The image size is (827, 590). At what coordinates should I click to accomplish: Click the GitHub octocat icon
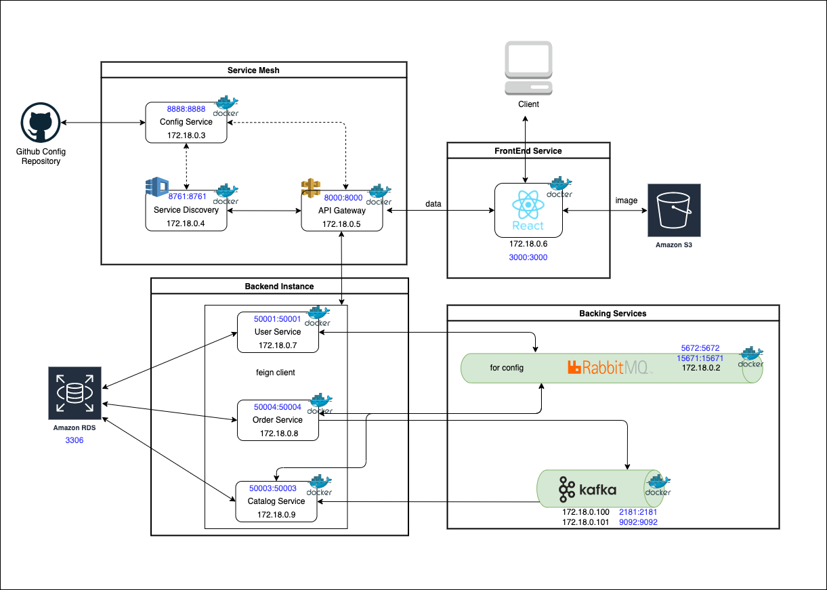pyautogui.click(x=41, y=122)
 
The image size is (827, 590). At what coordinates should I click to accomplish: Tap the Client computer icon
pyautogui.click(x=528, y=69)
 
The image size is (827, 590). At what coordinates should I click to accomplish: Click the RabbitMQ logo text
pyautogui.click(x=609, y=368)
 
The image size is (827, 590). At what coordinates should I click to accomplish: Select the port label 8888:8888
pyautogui.click(x=186, y=108)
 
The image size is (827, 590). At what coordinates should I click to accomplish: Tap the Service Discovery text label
pyautogui.click(x=186, y=210)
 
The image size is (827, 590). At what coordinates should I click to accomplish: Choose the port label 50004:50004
pyautogui.click(x=278, y=407)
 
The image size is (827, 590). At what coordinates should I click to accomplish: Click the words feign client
pyautogui.click(x=276, y=373)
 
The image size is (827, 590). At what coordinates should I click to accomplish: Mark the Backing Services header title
pyautogui.click(x=613, y=314)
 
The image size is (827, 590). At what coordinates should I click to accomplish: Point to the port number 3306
pyautogui.click(x=75, y=440)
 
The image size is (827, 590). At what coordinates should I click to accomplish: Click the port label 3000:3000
pyautogui.click(x=528, y=257)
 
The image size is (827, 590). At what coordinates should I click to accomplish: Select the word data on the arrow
pyautogui.click(x=434, y=204)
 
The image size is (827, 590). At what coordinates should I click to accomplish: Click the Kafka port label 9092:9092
pyautogui.click(x=638, y=522)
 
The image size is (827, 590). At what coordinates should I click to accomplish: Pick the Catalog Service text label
pyautogui.click(x=276, y=501)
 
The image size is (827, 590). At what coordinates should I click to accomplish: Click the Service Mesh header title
pyautogui.click(x=253, y=70)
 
